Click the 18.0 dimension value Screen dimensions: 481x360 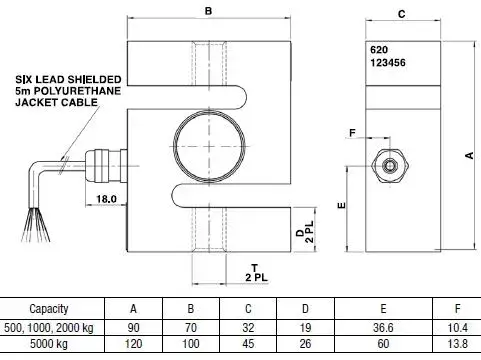(106, 199)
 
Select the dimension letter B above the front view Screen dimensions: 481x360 (208, 11)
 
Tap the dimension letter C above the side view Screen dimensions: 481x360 (402, 14)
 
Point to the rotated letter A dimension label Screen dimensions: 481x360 (469, 155)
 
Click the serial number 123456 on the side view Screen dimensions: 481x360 (388, 63)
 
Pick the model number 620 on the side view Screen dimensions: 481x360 (379, 50)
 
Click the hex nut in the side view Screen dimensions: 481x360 (390, 166)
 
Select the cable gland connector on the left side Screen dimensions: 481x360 (106, 166)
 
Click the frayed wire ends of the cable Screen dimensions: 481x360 (35, 224)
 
